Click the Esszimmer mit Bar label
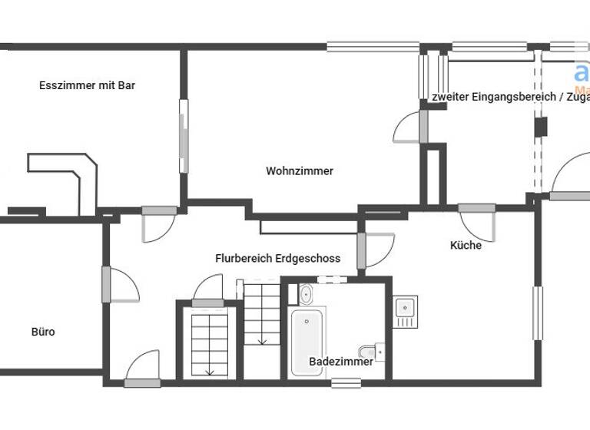tap(87, 85)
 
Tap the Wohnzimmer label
tap(300, 171)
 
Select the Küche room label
tap(466, 246)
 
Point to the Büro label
tap(43, 332)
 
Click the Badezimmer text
tap(341, 362)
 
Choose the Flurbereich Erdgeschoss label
tap(277, 259)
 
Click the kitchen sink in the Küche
tap(405, 312)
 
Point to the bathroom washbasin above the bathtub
tap(305, 293)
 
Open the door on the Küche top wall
tap(477, 208)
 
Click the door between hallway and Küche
tap(362, 251)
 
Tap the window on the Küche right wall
tap(538, 313)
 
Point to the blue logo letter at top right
tap(582, 73)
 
